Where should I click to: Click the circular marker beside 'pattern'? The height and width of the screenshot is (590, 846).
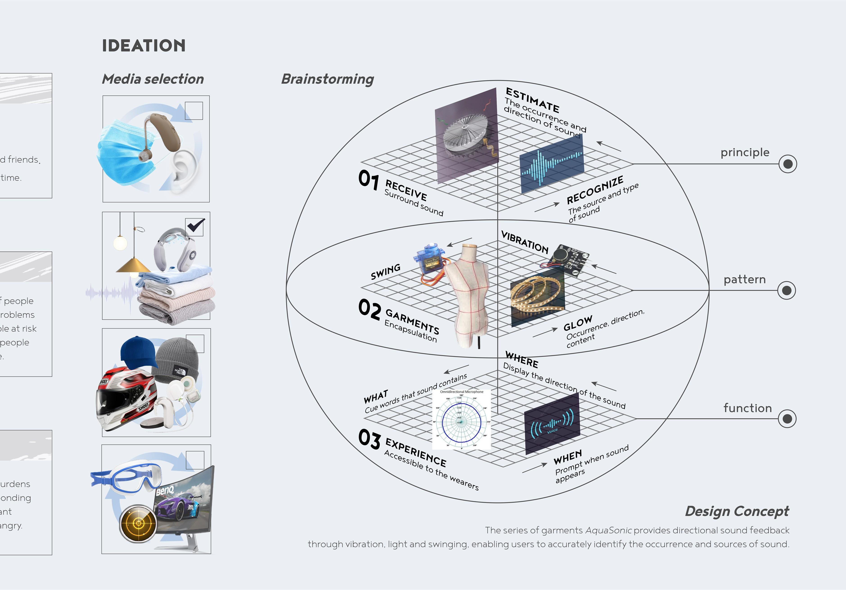point(786,291)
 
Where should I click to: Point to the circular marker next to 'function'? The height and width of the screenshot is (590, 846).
point(787,418)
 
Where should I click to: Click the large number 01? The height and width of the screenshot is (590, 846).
point(368,180)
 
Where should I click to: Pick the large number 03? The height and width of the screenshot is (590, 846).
point(369,439)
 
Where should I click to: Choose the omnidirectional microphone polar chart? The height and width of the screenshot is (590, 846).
point(461,420)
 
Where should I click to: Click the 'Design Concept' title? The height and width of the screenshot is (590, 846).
point(737,511)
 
